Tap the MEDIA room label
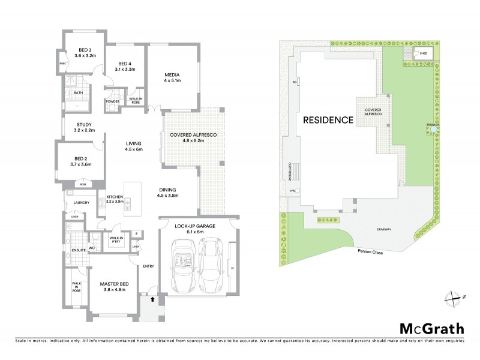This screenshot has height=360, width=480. point(173,76)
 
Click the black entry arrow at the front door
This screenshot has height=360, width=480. point(151,298)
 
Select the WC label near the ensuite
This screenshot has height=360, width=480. point(92,247)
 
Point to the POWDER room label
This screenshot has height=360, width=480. point(112,101)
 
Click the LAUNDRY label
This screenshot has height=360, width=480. point(81,203)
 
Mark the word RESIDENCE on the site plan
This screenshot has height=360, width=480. point(328,119)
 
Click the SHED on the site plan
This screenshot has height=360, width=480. point(422,53)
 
